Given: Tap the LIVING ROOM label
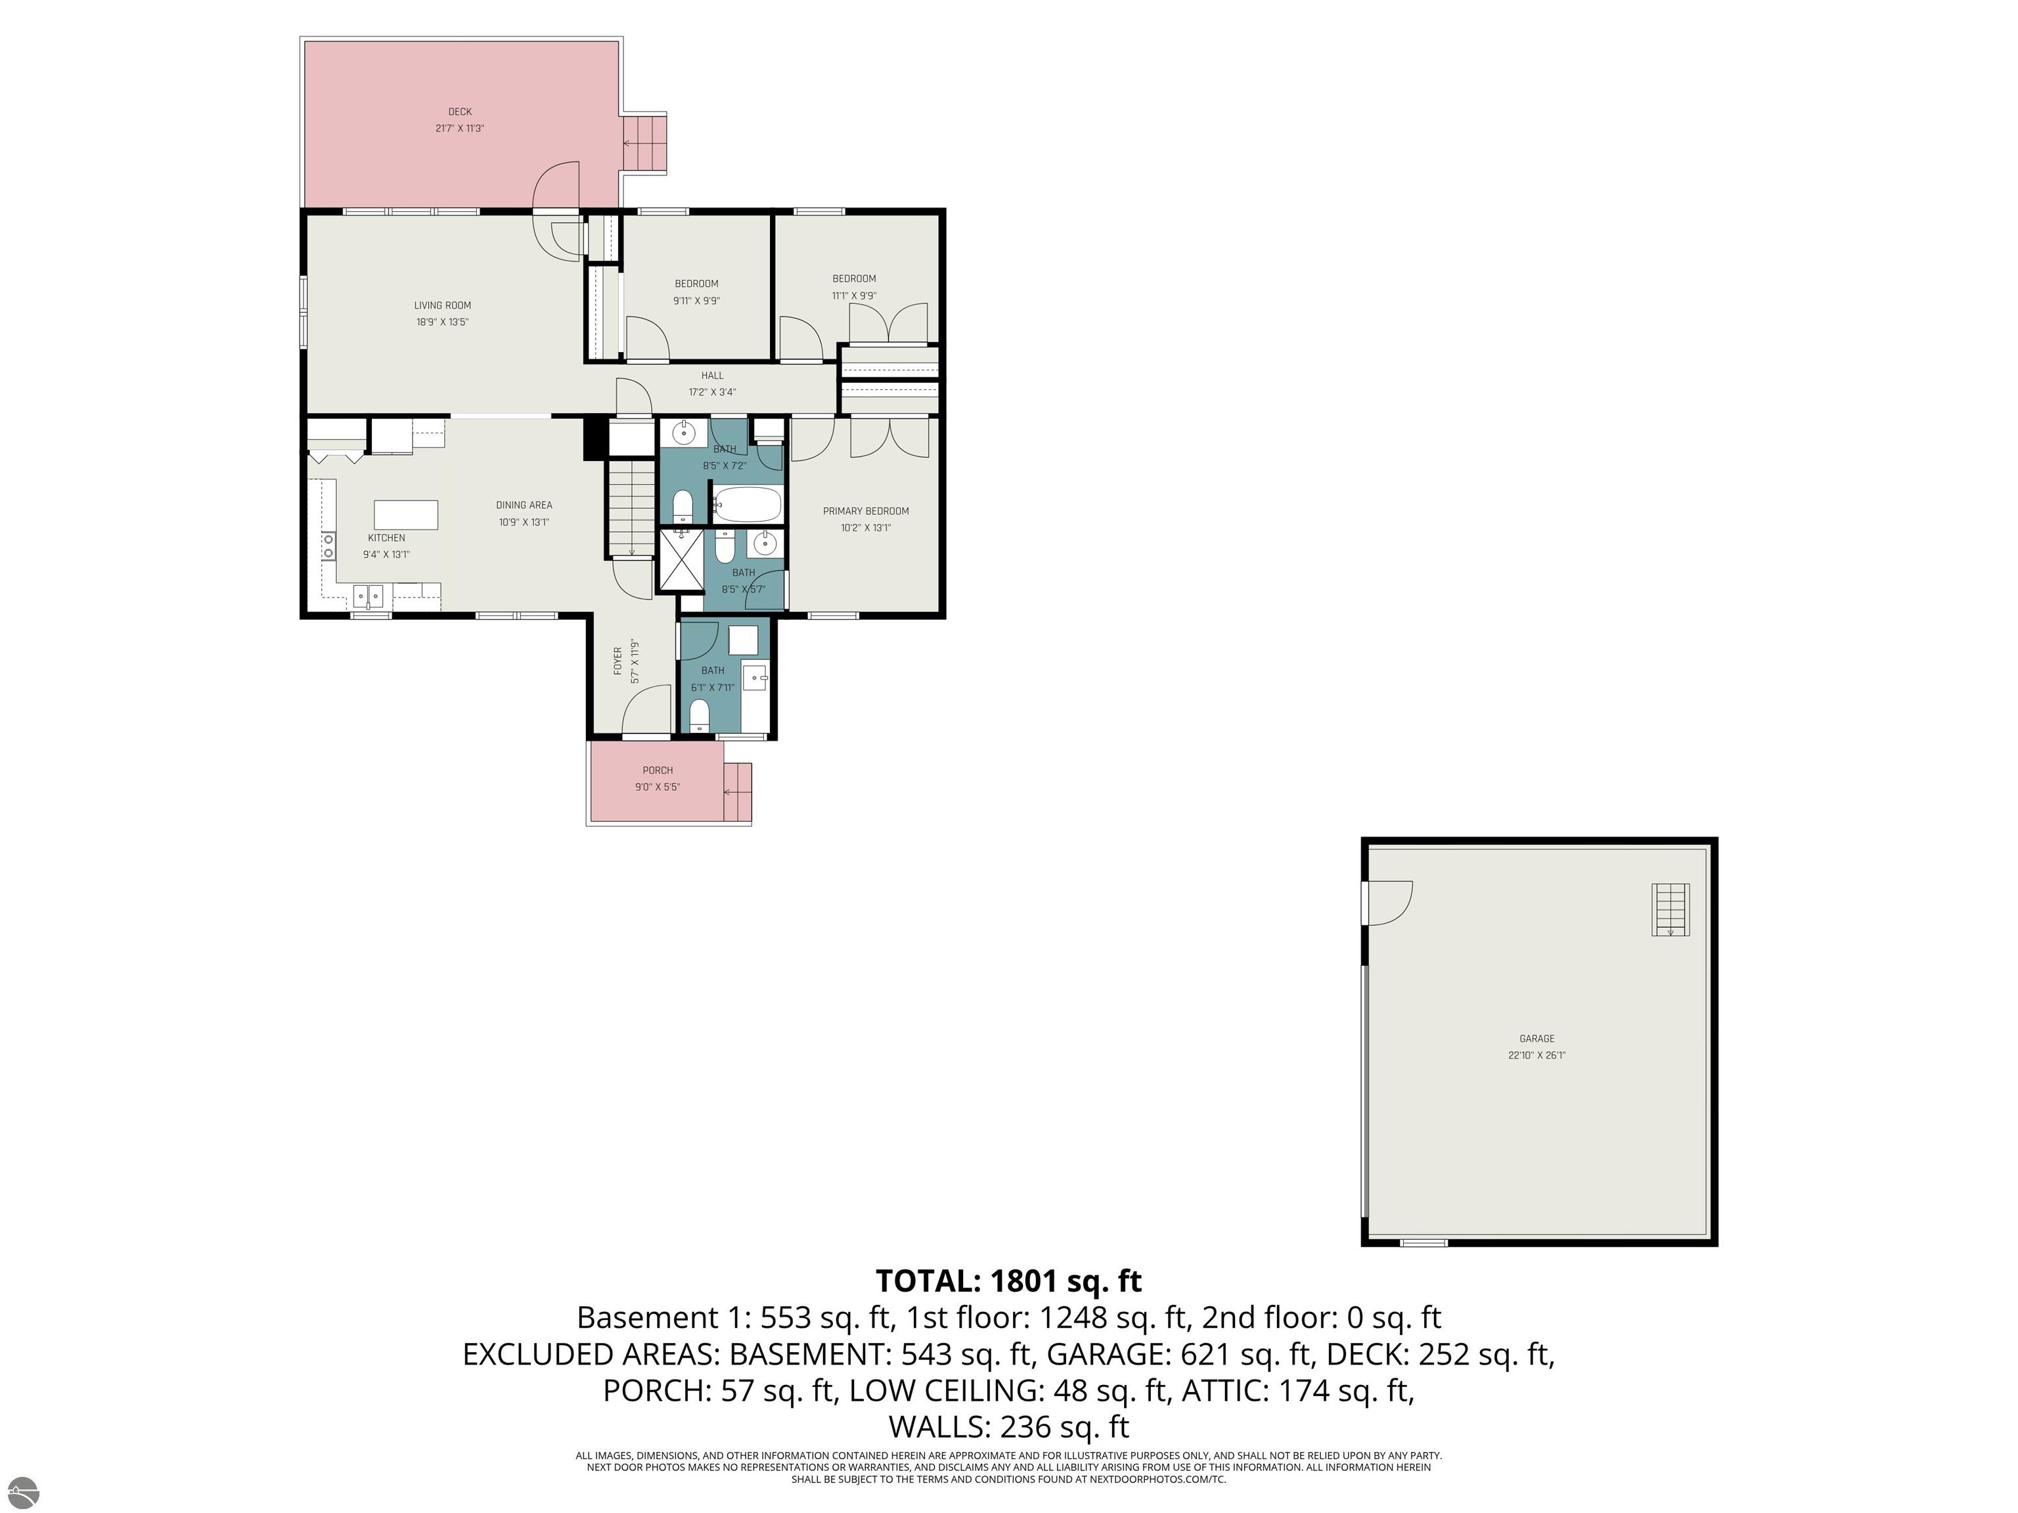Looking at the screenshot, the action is pos(443,305).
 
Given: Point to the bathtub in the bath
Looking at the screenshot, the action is pos(747,504).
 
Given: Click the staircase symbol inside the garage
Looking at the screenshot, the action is pos(1670,910).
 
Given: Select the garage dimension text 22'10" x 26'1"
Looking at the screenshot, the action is pos(1537,1055).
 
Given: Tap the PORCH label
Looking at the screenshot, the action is pos(658,771).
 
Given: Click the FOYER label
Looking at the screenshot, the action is pos(617,661).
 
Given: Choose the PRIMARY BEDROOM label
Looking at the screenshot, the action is pos(866,512).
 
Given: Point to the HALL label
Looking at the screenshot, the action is pos(713,376).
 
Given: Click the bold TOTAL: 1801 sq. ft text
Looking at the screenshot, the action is pos(1009,1281).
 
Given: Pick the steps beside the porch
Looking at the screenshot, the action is pos(737,793).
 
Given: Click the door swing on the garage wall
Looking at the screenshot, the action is pos(1389,903).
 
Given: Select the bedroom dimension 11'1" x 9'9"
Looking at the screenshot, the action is pos(854,296).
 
